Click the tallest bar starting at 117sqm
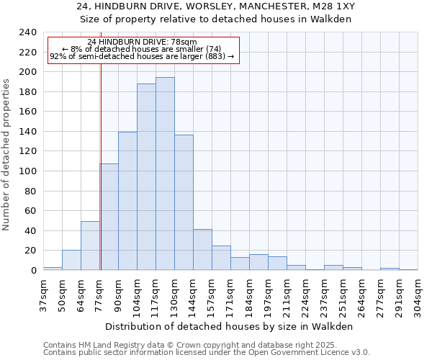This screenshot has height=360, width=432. tap(165, 174)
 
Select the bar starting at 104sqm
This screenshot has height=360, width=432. tap(146, 176)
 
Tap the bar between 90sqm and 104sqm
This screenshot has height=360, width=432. tap(127, 201)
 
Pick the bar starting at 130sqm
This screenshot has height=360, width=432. tap(184, 202)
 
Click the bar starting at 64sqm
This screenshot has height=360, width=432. tap(90, 246)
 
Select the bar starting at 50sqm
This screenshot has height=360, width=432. tap(71, 260)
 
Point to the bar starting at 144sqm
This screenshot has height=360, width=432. tap(202, 250)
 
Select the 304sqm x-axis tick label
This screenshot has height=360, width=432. tap(418, 294)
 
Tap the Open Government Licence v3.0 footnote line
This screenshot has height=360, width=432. tap(206, 352)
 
